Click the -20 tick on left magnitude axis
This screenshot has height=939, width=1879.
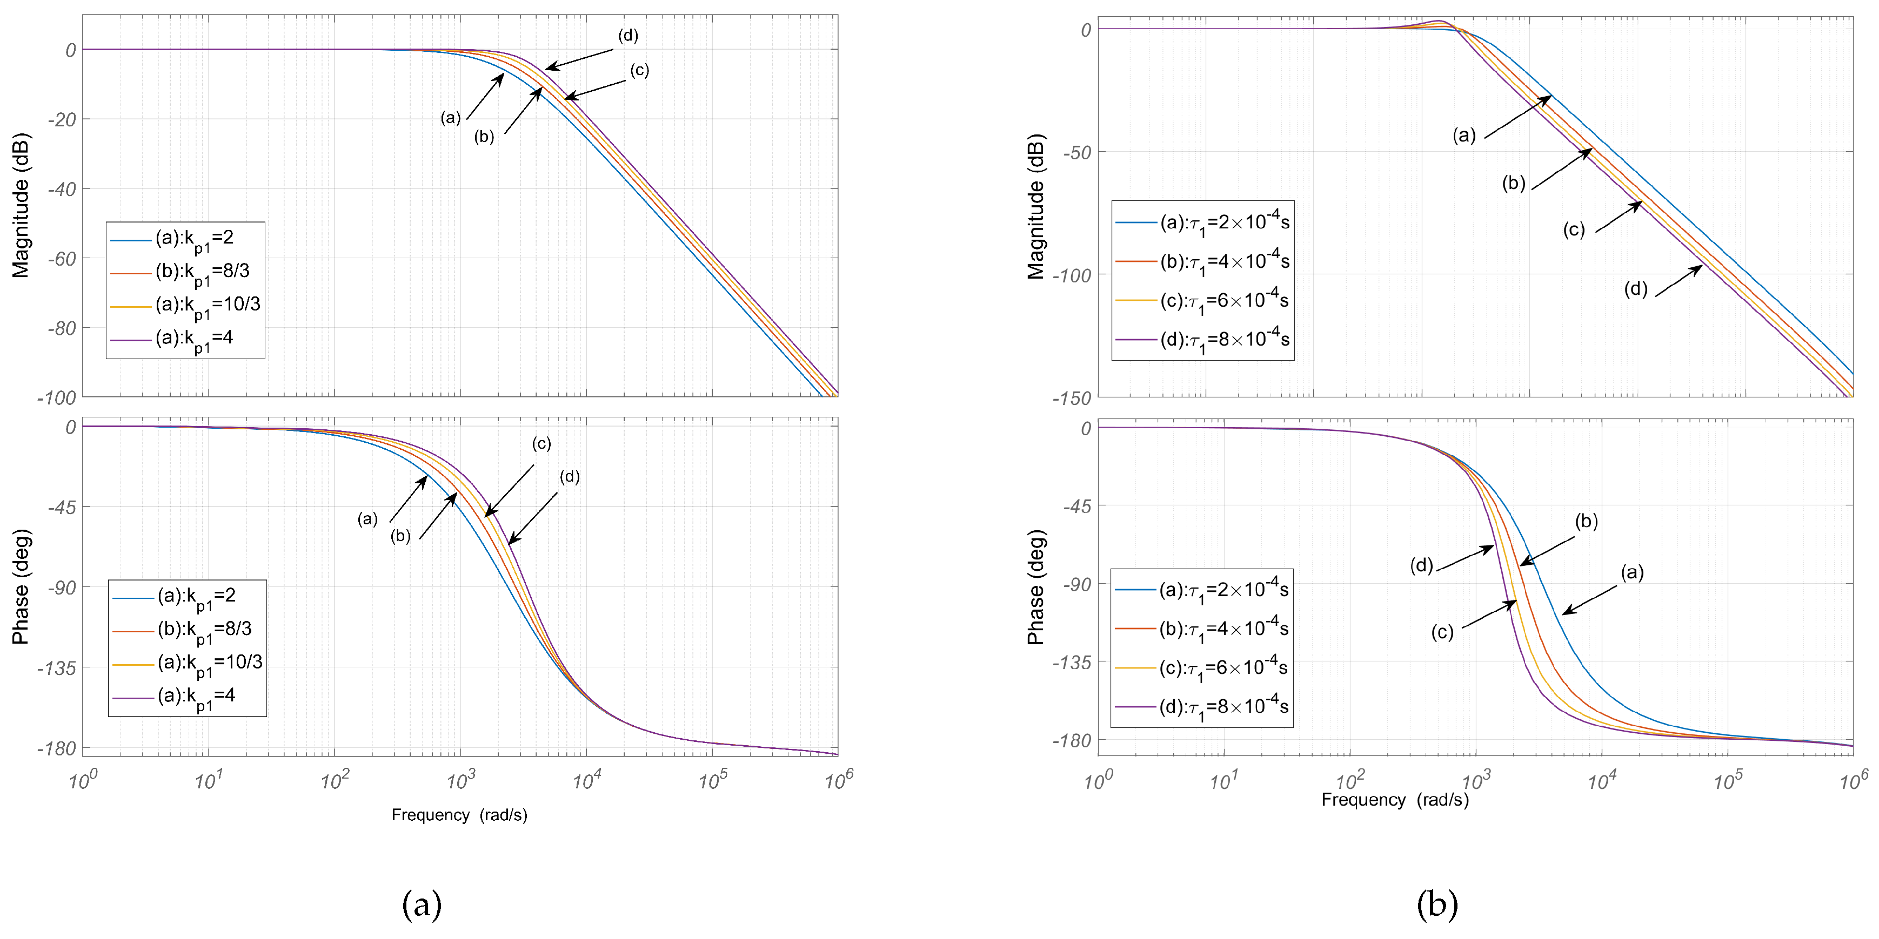[x=62, y=119]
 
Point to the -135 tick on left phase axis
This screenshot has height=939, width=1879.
[x=57, y=668]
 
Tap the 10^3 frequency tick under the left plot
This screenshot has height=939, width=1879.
[x=460, y=781]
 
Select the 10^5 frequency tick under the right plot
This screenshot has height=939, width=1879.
[x=1727, y=781]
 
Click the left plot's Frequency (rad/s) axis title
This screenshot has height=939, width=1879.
[x=459, y=815]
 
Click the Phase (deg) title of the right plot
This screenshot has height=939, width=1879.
[x=1036, y=587]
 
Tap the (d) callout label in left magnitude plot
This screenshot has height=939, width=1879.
[x=628, y=36]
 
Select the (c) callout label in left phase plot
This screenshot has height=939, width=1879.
[x=540, y=443]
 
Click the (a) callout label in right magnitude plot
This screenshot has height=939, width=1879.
[x=1464, y=135]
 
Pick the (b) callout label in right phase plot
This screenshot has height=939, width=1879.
[x=1586, y=521]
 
